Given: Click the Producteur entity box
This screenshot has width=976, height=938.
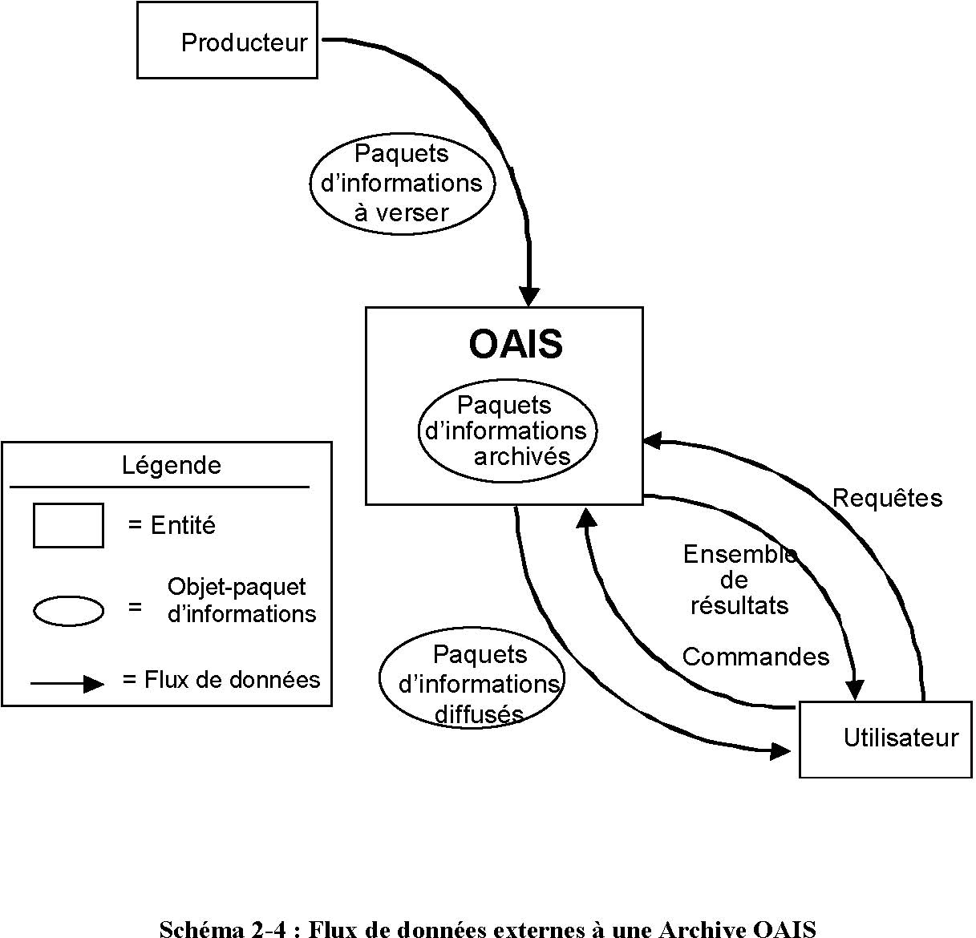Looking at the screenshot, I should click(x=227, y=40).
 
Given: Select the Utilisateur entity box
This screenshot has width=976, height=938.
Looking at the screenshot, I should click(x=885, y=738).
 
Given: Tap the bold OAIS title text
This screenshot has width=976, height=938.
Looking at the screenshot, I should click(x=516, y=344).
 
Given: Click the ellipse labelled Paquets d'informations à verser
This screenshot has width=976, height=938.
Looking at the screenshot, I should click(x=402, y=183).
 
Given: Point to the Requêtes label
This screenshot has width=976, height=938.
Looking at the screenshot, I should click(x=887, y=498).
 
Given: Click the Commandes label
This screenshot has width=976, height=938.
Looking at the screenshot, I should click(x=755, y=657).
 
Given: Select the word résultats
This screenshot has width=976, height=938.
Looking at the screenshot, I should click(x=739, y=605).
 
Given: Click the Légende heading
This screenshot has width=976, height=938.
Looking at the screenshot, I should click(x=172, y=465).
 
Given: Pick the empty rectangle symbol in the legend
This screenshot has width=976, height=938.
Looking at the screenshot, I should click(x=68, y=525).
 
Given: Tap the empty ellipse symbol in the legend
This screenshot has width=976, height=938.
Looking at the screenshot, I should click(x=68, y=611).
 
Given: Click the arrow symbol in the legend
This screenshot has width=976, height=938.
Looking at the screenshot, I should click(x=67, y=684).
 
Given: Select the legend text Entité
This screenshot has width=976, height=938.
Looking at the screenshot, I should click(x=183, y=525).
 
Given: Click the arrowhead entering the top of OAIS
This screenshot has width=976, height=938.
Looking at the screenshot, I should click(x=529, y=296).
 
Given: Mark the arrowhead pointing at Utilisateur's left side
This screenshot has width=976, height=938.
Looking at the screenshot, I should click(x=781, y=750).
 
